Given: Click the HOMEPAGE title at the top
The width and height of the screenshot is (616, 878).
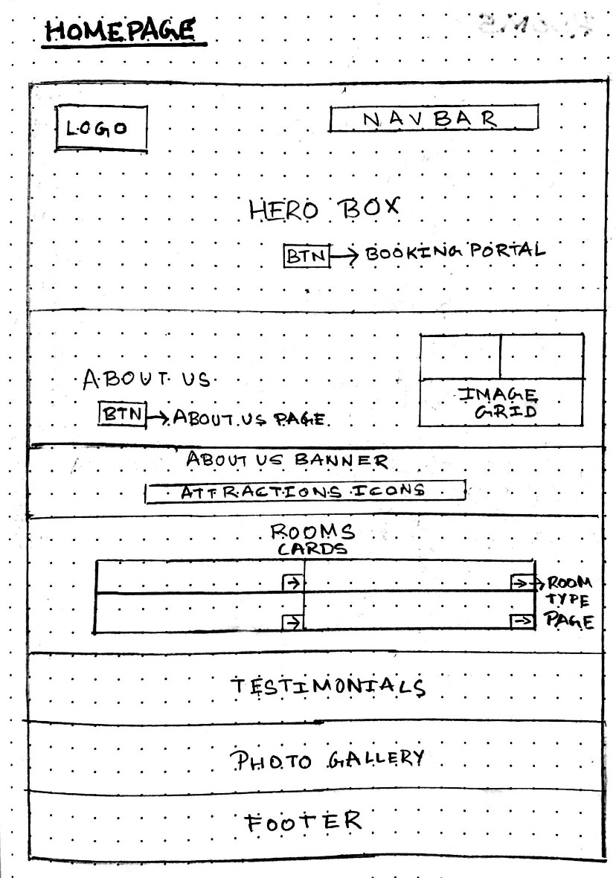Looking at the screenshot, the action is (x=119, y=31).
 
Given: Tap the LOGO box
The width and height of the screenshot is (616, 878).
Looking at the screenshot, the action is (x=101, y=128).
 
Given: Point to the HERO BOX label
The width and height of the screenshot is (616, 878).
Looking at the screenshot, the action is (x=324, y=209).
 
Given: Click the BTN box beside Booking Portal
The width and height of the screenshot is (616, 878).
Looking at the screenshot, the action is (x=306, y=255).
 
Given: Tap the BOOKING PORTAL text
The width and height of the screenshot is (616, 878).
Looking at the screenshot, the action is (x=455, y=251).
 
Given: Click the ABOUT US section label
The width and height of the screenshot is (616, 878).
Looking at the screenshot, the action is (x=147, y=380).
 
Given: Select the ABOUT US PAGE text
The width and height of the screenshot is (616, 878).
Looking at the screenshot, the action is (x=249, y=418).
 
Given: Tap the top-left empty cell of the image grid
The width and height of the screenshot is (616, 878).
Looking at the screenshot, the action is (x=460, y=356).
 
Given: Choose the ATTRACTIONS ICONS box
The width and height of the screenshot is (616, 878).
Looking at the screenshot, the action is (x=305, y=491).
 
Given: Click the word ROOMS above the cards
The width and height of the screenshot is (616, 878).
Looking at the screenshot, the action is (x=312, y=533).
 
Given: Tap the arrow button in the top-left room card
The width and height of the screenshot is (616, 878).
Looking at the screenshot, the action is (x=293, y=583).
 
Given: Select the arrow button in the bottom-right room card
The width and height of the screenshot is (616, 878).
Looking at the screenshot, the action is (x=522, y=621).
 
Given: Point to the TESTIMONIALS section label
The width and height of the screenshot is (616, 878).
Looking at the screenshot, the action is (x=327, y=686).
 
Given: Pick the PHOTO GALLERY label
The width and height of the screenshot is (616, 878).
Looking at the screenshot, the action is (x=327, y=760).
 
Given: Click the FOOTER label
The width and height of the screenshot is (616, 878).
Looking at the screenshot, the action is (x=304, y=822).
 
